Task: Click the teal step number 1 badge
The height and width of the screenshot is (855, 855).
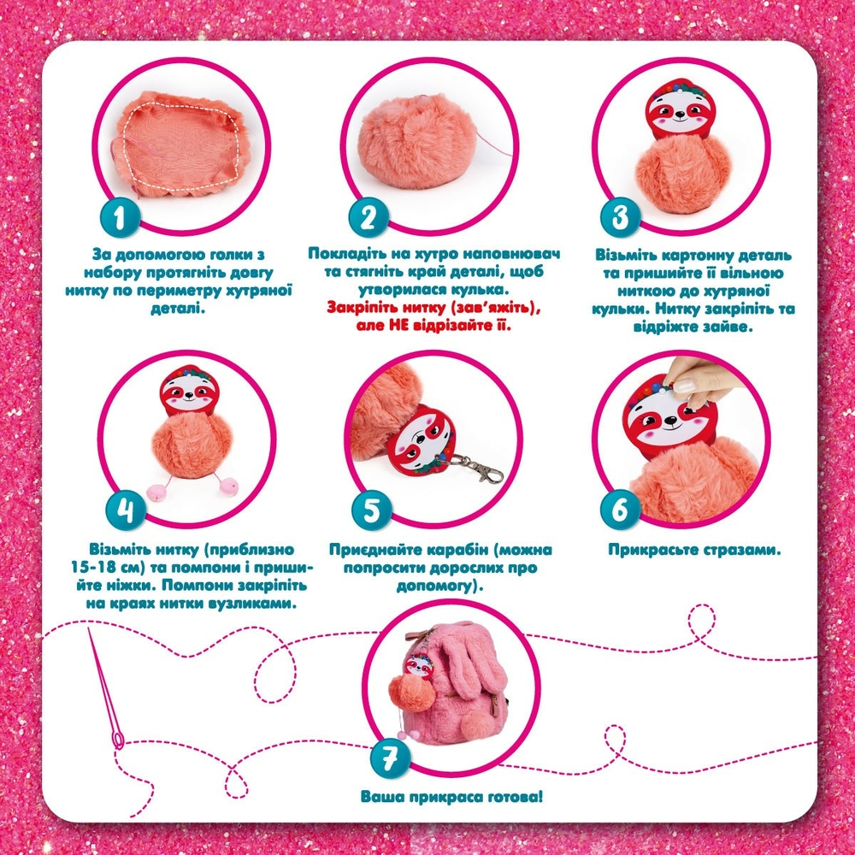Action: tap(120, 217)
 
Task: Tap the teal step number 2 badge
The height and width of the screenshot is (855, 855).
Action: tap(369, 217)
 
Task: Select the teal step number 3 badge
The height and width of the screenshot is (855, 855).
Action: tap(620, 217)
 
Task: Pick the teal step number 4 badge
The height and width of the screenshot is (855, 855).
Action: tap(126, 510)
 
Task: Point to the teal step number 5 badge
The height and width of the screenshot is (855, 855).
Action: tap(372, 510)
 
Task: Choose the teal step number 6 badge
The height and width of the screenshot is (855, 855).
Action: tap(620, 510)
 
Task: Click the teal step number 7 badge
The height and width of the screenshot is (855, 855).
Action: tap(389, 758)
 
